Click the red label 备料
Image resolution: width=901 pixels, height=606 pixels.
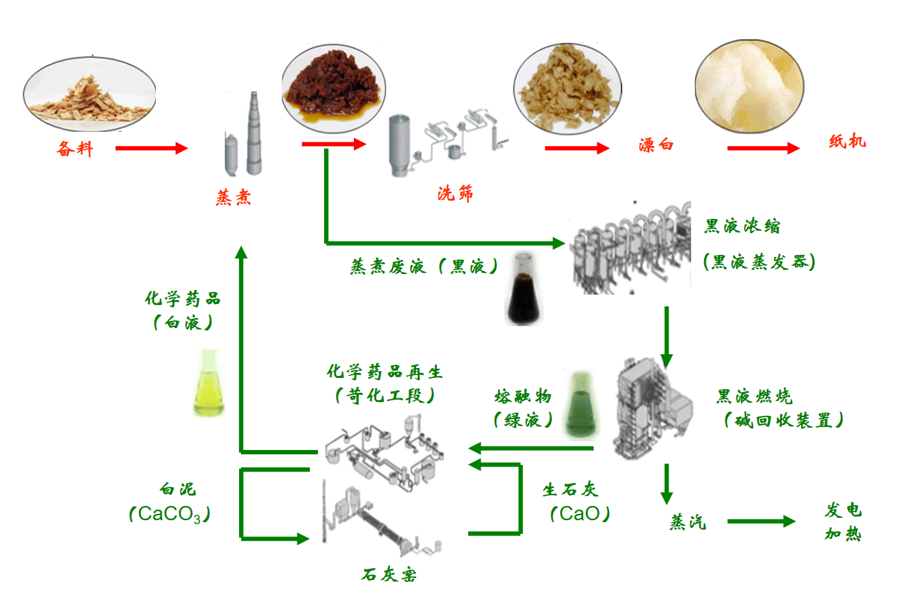[x=75, y=149]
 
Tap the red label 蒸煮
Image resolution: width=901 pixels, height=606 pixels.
[x=233, y=198]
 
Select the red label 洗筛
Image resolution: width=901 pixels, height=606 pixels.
[x=455, y=193]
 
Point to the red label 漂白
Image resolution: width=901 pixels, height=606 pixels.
[x=656, y=145]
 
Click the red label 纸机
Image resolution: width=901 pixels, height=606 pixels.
[x=847, y=142]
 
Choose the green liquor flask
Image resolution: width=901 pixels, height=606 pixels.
[x=581, y=405]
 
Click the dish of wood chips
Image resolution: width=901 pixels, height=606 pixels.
[x=89, y=94]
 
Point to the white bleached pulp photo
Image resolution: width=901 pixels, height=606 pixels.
[x=749, y=87]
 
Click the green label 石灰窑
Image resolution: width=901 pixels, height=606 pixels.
[x=389, y=574]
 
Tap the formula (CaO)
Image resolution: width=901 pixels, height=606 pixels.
[x=580, y=514]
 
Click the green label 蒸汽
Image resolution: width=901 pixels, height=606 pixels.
[x=687, y=522]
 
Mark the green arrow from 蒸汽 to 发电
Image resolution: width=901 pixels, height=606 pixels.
[x=761, y=521]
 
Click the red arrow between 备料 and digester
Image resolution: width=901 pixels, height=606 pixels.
[x=151, y=148]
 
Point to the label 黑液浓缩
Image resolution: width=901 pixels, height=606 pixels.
[x=742, y=226]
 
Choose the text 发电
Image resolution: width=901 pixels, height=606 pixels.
[x=843, y=510]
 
